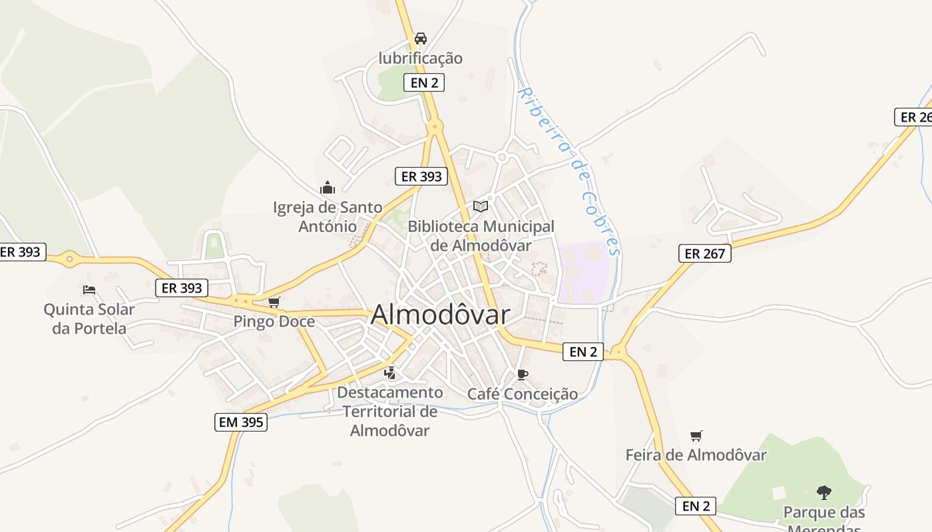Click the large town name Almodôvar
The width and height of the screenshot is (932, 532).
[440, 315]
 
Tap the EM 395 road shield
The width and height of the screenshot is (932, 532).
[240, 422]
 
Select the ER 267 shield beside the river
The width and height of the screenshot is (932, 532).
[705, 253]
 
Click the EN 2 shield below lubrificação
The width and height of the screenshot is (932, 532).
[424, 82]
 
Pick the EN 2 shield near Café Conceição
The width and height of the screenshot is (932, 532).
[583, 352]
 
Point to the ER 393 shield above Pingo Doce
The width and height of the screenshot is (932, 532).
[182, 288]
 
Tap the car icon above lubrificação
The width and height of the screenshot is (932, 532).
[421, 39]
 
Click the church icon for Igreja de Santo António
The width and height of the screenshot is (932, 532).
[327, 188]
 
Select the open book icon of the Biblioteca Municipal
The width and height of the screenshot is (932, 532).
[481, 206]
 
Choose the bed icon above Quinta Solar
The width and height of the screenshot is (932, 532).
[89, 289]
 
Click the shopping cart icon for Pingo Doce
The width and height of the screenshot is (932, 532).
[274, 303]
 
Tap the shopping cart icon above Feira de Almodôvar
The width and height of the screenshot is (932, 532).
[696, 436]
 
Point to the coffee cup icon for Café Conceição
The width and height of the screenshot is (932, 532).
[523, 374]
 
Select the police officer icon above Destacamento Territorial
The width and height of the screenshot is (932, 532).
[390, 373]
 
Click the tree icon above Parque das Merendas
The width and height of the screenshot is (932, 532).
[824, 493]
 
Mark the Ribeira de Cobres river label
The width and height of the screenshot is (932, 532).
[571, 170]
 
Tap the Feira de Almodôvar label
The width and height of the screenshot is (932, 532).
[696, 456]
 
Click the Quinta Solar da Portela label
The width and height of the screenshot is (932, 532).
[89, 319]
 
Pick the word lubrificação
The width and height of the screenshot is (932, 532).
[421, 58]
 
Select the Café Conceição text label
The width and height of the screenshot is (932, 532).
[523, 394]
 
